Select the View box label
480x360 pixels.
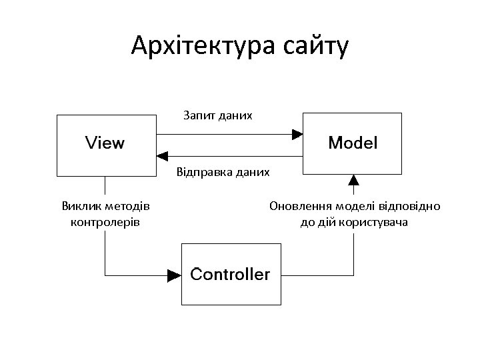[105, 143]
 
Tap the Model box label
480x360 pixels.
[353, 143]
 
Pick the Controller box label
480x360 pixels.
[230, 274]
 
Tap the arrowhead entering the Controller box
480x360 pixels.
[175, 274]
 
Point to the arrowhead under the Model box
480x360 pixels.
[353, 179]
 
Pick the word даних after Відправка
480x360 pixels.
[253, 173]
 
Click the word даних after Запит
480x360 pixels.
[237, 116]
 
